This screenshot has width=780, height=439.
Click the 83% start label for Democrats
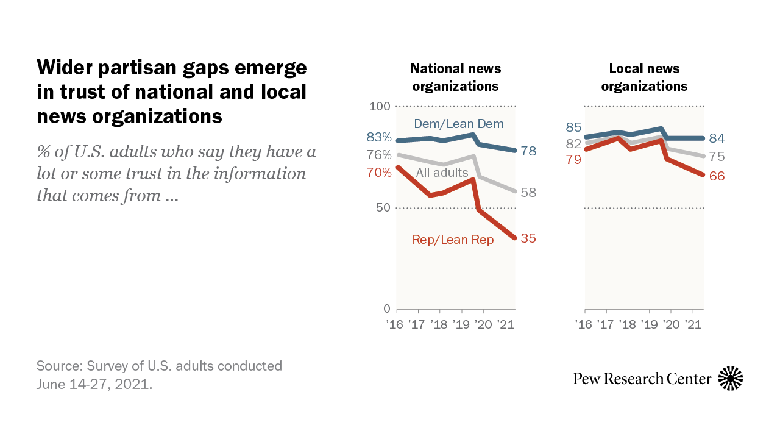pyautogui.click(x=379, y=137)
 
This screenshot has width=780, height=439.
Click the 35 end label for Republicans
pyautogui.click(x=528, y=238)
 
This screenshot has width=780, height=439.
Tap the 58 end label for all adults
pyautogui.click(x=528, y=193)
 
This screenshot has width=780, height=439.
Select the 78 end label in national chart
pyautogui.click(x=528, y=151)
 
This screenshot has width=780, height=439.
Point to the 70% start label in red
pyautogui.click(x=379, y=173)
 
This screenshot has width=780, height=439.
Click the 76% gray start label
pyautogui.click(x=379, y=155)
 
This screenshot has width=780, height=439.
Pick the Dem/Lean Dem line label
pyautogui.click(x=459, y=124)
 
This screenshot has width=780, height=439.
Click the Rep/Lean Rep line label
pyautogui.click(x=453, y=240)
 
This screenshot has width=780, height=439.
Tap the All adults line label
pyautogui.click(x=442, y=173)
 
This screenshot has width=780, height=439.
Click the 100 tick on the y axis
pyautogui.click(x=380, y=107)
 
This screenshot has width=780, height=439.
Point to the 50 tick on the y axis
pyautogui.click(x=383, y=208)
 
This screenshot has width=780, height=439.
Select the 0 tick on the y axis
pyautogui.click(x=387, y=309)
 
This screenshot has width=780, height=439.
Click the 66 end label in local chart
pyautogui.click(x=717, y=176)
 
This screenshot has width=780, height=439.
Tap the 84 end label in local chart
pyautogui.click(x=717, y=138)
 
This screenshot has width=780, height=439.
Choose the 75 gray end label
pyautogui.click(x=717, y=157)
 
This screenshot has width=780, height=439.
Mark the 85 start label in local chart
pyautogui.click(x=573, y=127)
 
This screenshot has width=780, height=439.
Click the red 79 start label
pyautogui.click(x=573, y=160)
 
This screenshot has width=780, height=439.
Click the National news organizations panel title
pyautogui.click(x=456, y=77)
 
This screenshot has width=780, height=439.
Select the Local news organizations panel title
pyautogui.click(x=644, y=77)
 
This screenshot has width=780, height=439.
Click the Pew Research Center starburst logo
pyautogui.click(x=731, y=379)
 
